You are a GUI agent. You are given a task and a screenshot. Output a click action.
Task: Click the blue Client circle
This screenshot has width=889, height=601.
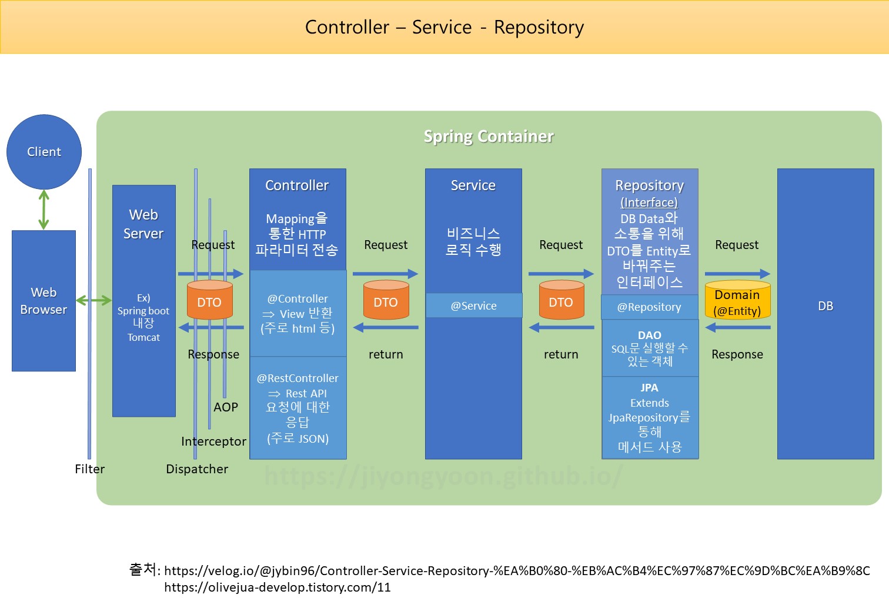(44, 152)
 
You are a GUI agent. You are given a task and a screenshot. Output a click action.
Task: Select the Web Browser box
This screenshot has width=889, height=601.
(44, 301)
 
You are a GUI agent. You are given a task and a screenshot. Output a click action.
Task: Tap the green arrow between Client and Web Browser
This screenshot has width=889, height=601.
(44, 210)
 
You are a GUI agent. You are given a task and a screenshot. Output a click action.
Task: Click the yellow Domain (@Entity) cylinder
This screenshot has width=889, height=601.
(737, 301)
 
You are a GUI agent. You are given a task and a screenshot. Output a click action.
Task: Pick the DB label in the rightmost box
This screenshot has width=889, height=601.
(825, 306)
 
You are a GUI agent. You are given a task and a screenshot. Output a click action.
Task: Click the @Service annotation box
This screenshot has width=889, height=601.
(473, 306)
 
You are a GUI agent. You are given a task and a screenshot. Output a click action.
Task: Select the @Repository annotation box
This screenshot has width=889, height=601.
(649, 307)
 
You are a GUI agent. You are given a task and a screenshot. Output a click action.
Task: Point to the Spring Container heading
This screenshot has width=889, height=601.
(489, 137)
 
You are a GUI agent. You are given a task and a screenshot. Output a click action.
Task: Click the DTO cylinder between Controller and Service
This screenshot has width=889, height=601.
(386, 301)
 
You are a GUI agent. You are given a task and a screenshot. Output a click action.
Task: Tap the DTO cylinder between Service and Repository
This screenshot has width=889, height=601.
(561, 301)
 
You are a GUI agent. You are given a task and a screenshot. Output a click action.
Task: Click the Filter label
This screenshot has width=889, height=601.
(89, 469)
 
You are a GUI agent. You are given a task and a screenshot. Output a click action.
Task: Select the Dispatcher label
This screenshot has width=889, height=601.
(197, 469)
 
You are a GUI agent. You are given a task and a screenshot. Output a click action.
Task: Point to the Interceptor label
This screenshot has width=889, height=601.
(213, 441)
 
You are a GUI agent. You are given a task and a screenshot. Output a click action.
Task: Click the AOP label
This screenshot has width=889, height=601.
(226, 407)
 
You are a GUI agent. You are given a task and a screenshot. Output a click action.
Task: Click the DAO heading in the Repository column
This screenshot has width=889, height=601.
(649, 335)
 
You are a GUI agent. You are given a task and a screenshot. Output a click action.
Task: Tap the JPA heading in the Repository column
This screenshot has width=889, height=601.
(649, 388)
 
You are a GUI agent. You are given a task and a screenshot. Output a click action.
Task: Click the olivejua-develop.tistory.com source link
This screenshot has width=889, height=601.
(278, 587)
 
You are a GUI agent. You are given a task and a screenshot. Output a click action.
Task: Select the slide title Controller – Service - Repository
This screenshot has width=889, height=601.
(444, 27)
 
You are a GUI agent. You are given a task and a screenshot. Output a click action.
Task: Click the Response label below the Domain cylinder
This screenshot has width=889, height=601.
(737, 354)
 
